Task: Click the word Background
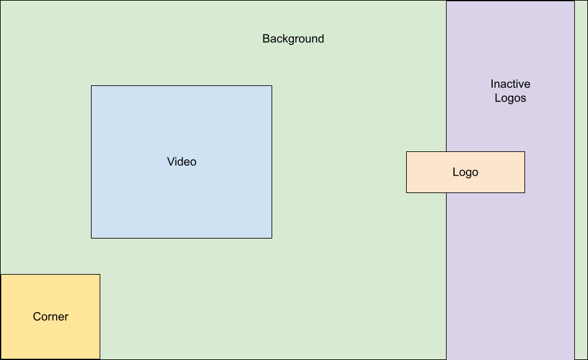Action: (x=293, y=39)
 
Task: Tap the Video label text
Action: (x=181, y=162)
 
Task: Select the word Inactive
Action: (x=510, y=84)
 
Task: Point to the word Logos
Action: (x=510, y=98)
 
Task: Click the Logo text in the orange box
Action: (x=465, y=173)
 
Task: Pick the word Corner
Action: (x=50, y=316)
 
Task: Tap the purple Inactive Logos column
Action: (x=510, y=262)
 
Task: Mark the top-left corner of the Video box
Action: (x=92, y=86)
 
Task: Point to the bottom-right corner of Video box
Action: (x=272, y=238)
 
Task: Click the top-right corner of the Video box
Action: (x=272, y=86)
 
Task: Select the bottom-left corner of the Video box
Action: (x=92, y=238)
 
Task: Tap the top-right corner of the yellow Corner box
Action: (x=100, y=275)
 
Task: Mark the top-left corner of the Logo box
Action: (x=407, y=152)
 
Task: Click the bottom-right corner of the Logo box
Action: (x=524, y=192)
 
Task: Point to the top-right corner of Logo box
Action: (x=524, y=152)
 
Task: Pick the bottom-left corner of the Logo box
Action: (x=407, y=192)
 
